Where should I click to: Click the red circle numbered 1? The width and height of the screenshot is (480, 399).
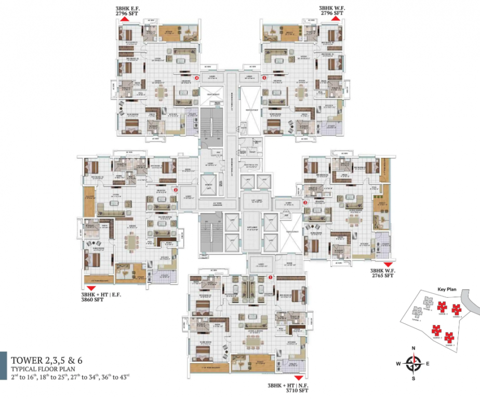click(270, 277)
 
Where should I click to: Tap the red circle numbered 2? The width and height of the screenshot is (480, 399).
click(176, 190)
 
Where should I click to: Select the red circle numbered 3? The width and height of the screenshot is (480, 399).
click(305, 203)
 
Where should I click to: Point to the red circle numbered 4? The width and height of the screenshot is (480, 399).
click(196, 78)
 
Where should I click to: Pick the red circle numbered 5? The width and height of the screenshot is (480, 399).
click(264, 78)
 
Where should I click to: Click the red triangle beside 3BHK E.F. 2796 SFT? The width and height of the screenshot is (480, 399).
click(125, 19)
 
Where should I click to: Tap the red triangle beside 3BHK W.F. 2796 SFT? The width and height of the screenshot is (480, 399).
click(336, 19)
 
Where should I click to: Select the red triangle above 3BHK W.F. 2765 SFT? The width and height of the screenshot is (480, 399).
click(387, 265)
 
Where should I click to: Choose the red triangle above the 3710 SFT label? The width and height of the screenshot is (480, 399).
click(298, 378)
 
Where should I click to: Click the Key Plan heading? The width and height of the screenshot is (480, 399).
click(446, 288)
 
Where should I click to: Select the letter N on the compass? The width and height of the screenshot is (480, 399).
click(413, 348)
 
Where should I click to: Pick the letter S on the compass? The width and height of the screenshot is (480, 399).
click(414, 378)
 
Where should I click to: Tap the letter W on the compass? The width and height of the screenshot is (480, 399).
click(398, 364)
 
